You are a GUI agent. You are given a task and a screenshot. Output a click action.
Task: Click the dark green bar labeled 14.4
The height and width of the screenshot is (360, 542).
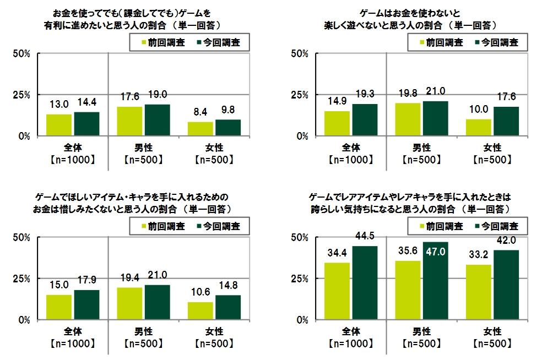86,124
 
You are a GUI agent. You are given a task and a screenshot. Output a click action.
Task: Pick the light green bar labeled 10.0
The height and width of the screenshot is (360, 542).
478,128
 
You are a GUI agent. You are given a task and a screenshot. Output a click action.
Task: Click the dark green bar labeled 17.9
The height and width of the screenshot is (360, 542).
86,304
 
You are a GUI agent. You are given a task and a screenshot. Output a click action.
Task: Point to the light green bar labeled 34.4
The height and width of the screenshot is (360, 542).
337,291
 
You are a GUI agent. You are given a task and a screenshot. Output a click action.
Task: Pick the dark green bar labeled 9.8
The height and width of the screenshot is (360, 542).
228,128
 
